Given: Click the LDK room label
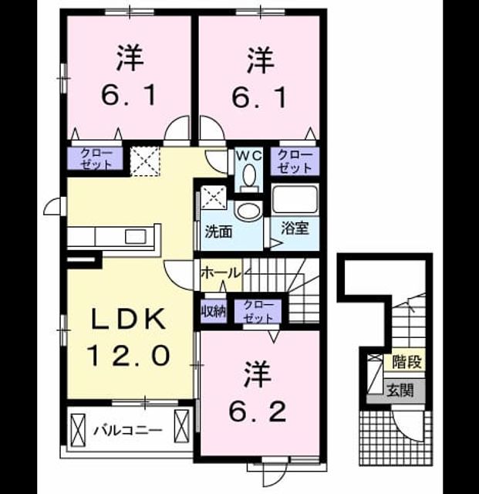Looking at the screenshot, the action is (x=128, y=319).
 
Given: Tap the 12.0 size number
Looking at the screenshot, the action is (x=128, y=354).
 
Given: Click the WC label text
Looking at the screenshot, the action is (x=249, y=156).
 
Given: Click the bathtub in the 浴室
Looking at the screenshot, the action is (x=295, y=198).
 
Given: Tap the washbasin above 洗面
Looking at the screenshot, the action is (x=250, y=211).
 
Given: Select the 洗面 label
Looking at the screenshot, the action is (x=218, y=232).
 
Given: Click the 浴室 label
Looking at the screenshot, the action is (x=295, y=228).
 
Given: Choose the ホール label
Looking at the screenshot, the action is (x=221, y=272).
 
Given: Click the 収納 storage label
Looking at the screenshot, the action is (x=214, y=312).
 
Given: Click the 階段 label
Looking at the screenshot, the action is (x=407, y=362).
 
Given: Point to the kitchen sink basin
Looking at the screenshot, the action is (x=136, y=236).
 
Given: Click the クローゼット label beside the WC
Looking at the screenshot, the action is (x=295, y=161).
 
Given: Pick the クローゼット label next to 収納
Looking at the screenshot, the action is (x=258, y=312).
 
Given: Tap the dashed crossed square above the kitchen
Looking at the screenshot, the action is (x=145, y=161).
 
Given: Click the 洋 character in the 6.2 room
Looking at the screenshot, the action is (x=258, y=375).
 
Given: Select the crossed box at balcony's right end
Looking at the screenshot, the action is (x=182, y=428).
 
